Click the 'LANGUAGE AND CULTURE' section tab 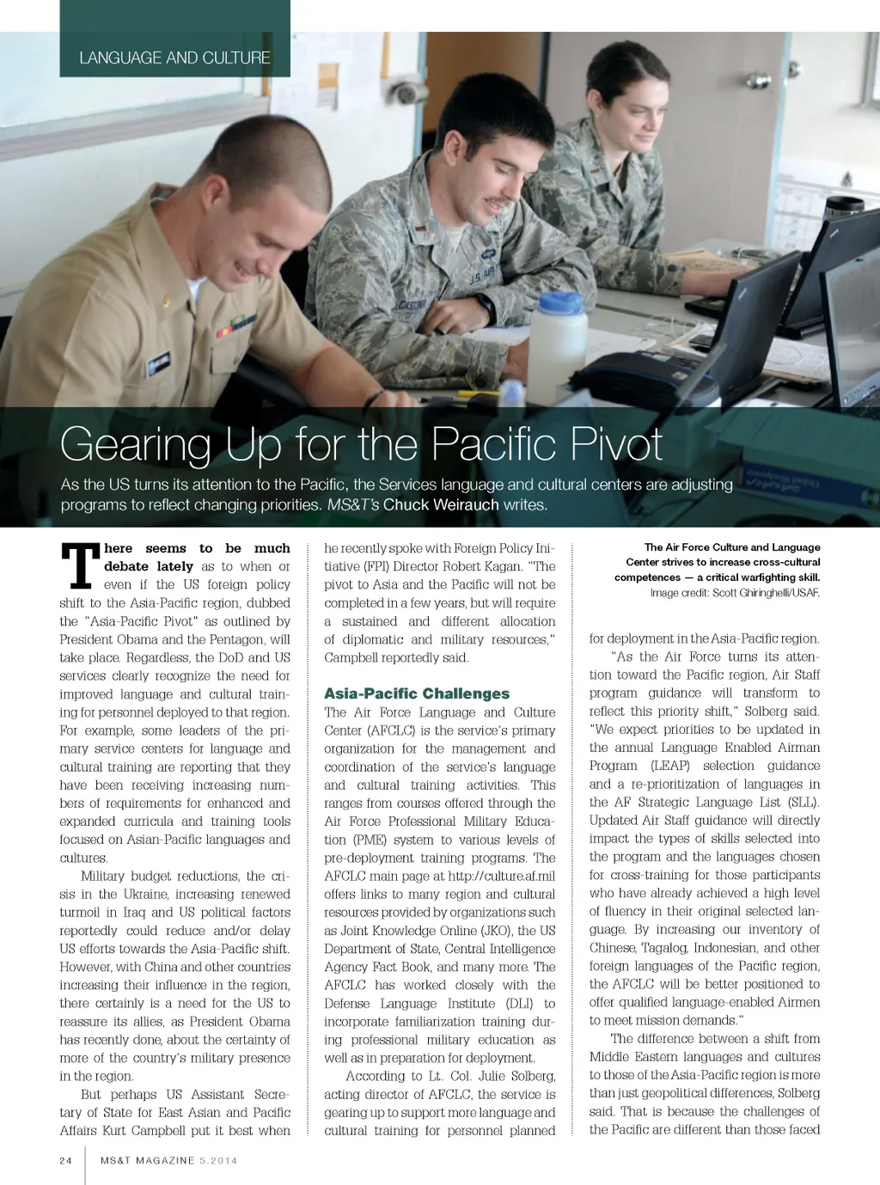pyautogui.click(x=174, y=58)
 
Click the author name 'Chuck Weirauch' pyautogui.click(x=441, y=504)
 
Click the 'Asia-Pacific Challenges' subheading pyautogui.click(x=417, y=693)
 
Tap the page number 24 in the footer pyautogui.click(x=66, y=1160)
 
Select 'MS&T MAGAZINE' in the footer pyautogui.click(x=147, y=1160)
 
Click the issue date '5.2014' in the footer pyautogui.click(x=218, y=1160)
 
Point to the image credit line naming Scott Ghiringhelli pyautogui.click(x=735, y=593)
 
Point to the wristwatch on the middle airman pyautogui.click(x=486, y=307)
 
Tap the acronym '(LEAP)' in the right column pyautogui.click(x=669, y=766)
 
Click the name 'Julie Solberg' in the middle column pyautogui.click(x=514, y=1076)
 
